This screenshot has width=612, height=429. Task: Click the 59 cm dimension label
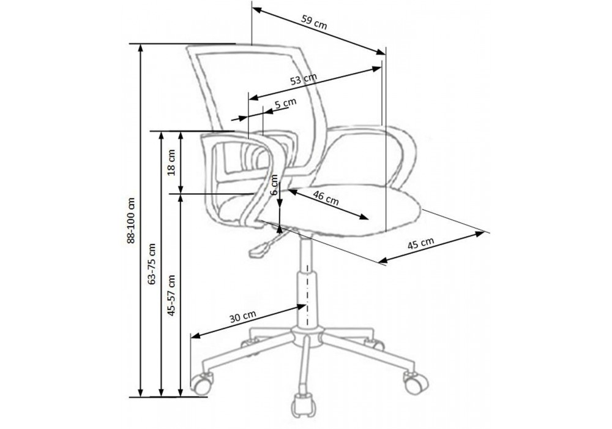(314, 22)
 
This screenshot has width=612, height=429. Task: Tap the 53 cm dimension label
(304, 79)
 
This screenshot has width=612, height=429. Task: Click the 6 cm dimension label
(274, 186)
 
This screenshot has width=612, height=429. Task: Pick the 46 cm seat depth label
(326, 198)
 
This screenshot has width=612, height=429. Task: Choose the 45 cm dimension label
(421, 243)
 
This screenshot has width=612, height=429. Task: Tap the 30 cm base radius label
(243, 316)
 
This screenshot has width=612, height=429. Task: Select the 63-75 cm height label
(152, 264)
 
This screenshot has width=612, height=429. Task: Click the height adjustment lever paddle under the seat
(259, 249)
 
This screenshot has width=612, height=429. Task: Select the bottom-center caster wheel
(302, 407)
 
